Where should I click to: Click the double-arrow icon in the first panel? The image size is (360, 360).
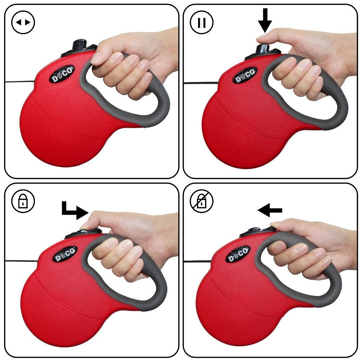pos(23,22)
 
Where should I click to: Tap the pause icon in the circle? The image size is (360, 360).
pos(202,22)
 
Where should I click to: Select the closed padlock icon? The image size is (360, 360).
pos(23,201)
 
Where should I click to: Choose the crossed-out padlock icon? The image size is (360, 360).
pos(202,201)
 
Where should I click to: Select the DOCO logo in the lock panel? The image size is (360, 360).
pos(65,254)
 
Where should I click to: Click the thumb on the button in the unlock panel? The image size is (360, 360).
pos(279,225)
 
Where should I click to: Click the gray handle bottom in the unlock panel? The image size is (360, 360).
pos(317,301)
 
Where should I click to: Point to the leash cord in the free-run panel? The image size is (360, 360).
pos(18,81)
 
